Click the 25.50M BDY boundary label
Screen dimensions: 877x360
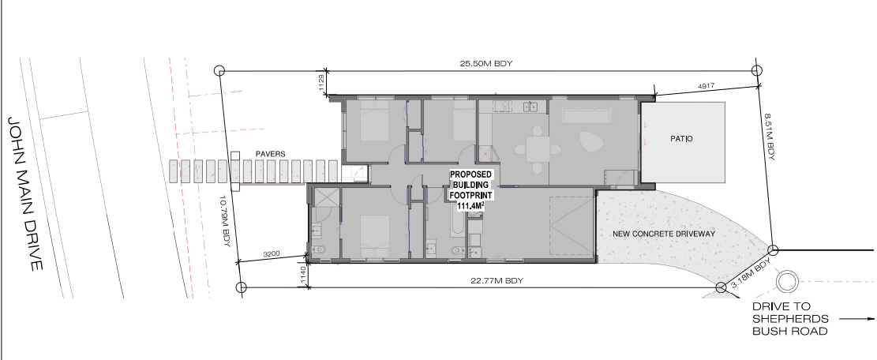click(x=486, y=64)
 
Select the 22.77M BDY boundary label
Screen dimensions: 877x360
click(x=497, y=280)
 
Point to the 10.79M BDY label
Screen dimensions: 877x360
click(x=226, y=223)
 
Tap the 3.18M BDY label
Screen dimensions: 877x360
click(x=751, y=274)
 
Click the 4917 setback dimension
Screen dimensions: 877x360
click(x=706, y=87)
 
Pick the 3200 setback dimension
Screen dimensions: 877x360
click(x=272, y=254)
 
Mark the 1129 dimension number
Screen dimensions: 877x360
click(x=321, y=84)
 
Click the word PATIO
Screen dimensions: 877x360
click(x=681, y=139)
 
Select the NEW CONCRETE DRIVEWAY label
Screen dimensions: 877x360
click(x=664, y=234)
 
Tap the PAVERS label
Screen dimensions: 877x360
click(x=271, y=154)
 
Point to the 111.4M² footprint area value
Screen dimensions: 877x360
click(x=470, y=206)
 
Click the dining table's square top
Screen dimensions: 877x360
click(x=538, y=149)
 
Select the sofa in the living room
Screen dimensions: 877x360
click(x=587, y=116)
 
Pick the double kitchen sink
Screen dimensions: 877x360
click(x=530, y=107)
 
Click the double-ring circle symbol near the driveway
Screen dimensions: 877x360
click(x=787, y=282)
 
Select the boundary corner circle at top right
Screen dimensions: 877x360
click(x=757, y=70)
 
